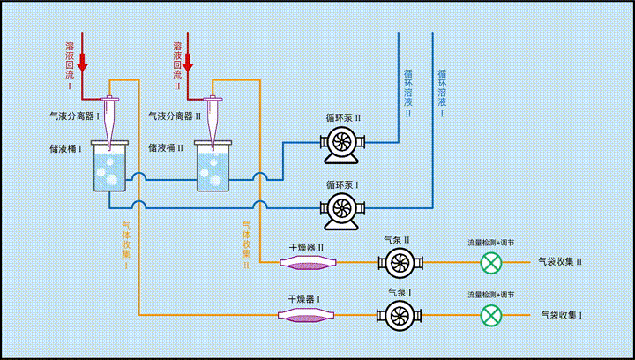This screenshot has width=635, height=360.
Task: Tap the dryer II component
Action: pos(307,262)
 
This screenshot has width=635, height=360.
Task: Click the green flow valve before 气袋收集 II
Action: pos(491,262)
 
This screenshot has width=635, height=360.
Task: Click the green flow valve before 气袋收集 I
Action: pos(491,315)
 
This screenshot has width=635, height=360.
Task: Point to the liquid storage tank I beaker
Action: pos(109,168)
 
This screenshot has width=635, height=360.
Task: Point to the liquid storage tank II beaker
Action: pos(213,169)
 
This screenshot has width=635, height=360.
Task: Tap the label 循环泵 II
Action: pos(343,117)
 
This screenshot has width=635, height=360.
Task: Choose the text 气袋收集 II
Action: pos(560,262)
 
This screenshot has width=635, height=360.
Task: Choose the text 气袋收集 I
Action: pos(560,315)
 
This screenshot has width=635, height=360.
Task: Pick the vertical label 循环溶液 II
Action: pos(408,93)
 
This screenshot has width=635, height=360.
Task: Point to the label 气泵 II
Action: pos(397,239)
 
